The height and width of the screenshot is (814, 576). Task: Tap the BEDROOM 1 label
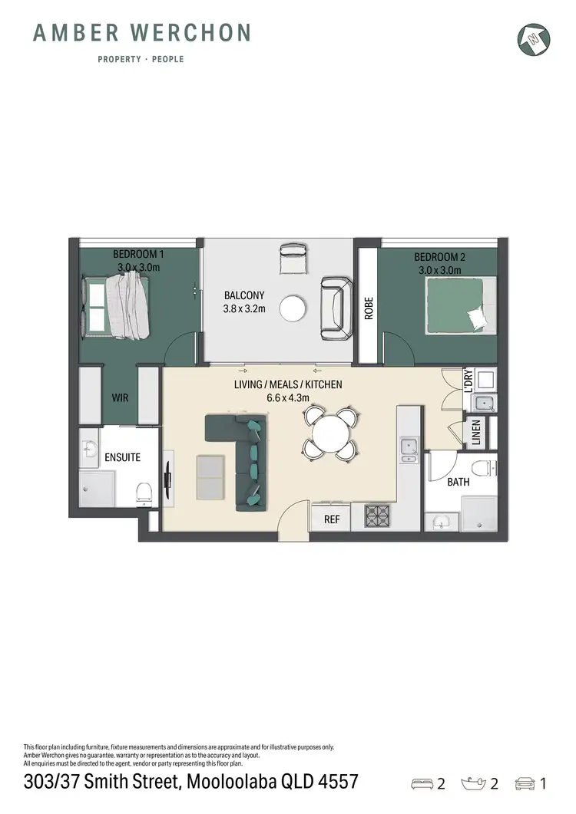138,255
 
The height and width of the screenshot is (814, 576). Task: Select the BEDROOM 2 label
439,257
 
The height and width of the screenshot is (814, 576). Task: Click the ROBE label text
369,308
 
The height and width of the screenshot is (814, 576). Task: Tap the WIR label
120,398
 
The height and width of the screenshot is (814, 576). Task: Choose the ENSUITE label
122,457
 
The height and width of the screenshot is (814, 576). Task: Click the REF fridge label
332,519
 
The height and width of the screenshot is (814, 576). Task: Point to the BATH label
459,483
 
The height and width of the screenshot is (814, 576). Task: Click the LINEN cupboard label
476,432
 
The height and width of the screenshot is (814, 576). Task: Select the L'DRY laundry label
469,381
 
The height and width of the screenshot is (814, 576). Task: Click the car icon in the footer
525,783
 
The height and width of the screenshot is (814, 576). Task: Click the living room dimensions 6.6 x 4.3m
287,398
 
